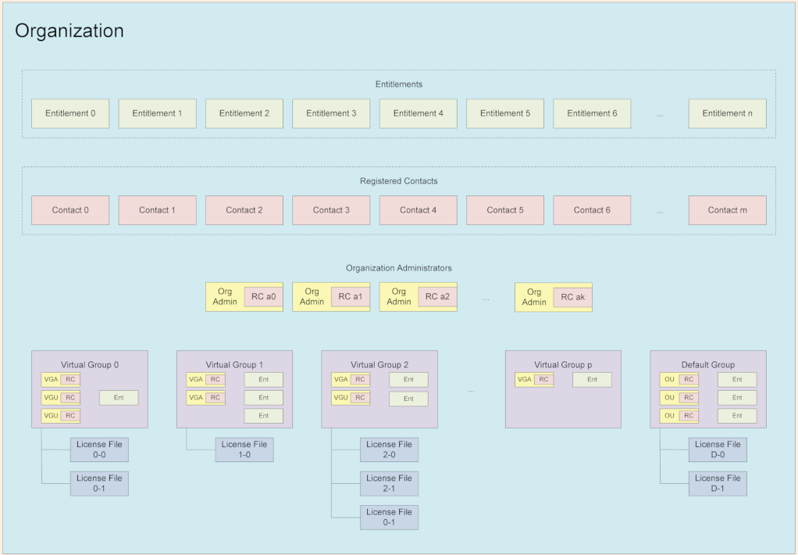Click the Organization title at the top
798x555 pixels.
[x=69, y=31]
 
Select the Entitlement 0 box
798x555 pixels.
[x=70, y=113]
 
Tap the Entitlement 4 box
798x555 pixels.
[x=418, y=113]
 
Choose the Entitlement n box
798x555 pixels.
[x=727, y=113]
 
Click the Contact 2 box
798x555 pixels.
[x=244, y=210]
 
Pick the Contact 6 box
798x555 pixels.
[x=592, y=210]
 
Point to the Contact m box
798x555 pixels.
[x=727, y=210]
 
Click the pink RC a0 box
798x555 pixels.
[x=263, y=297]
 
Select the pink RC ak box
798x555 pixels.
[x=573, y=297]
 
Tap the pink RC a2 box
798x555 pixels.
[x=437, y=297]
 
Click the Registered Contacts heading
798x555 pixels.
[x=398, y=181]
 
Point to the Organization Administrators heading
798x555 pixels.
[x=398, y=268]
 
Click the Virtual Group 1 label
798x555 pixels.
[x=234, y=364]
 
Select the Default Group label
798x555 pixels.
[x=707, y=364]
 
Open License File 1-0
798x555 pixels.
[x=244, y=449]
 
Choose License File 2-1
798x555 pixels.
[x=389, y=483]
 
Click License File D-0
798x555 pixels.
[x=718, y=449]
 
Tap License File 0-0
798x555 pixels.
[x=99, y=449]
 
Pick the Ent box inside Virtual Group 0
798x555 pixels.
[x=119, y=398]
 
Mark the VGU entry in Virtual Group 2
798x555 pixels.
[x=341, y=398]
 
